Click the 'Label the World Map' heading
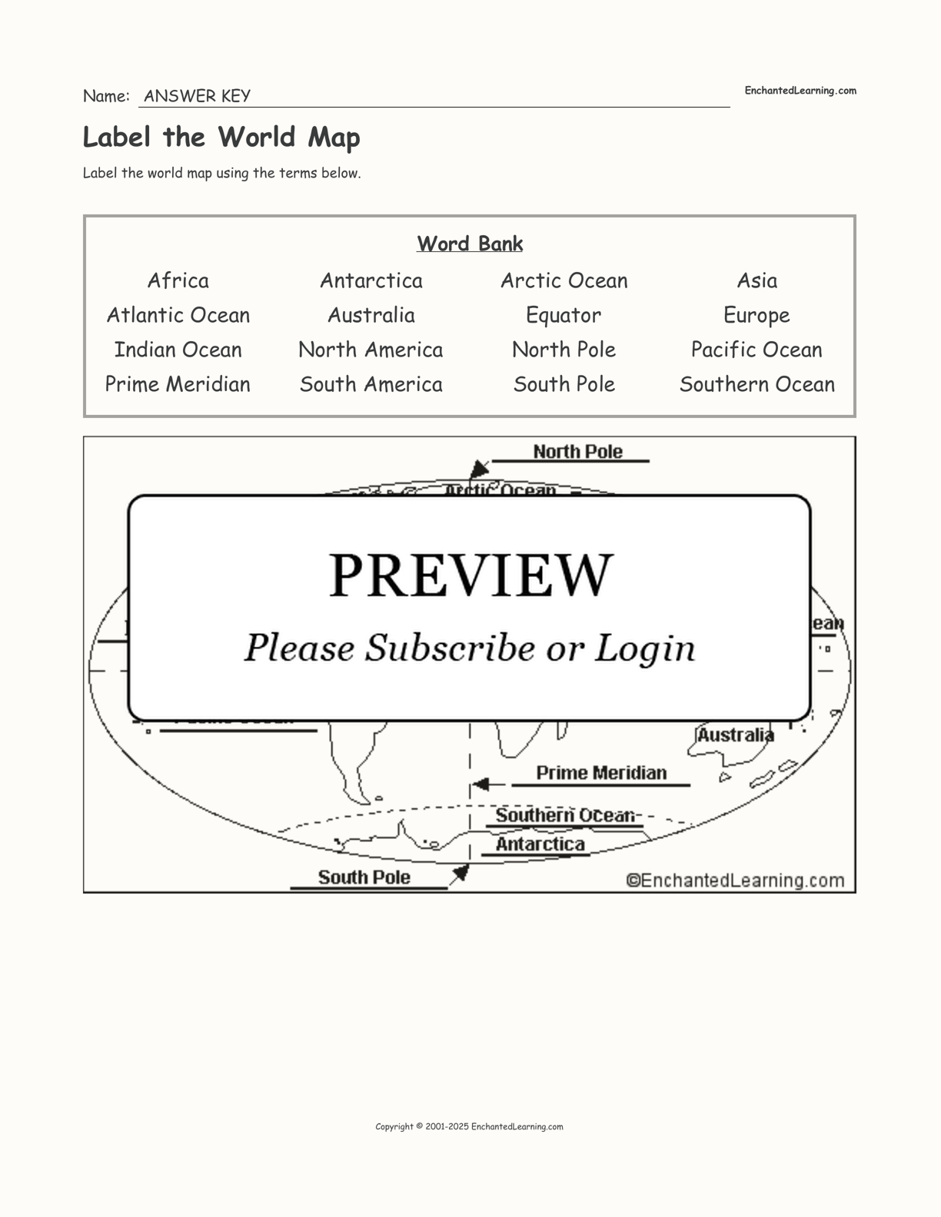coord(221,138)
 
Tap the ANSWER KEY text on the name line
coord(197,96)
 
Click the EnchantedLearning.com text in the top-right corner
coord(800,91)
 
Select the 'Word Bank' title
coord(470,244)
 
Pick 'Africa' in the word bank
coord(178,280)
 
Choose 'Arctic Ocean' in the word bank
coord(564,280)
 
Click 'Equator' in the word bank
coord(564,315)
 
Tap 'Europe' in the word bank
coord(756,315)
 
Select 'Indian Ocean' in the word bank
coord(178,350)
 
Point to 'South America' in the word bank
coord(371,384)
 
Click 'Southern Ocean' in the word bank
coord(756,384)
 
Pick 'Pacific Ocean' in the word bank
coord(756,350)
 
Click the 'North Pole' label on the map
coord(577,452)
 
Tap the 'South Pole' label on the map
coord(364,877)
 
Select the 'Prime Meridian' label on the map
coord(601,773)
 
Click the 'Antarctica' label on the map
coord(540,844)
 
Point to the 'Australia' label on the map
coord(735,735)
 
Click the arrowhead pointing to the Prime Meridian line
coord(480,784)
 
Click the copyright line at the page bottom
coord(469,1127)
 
